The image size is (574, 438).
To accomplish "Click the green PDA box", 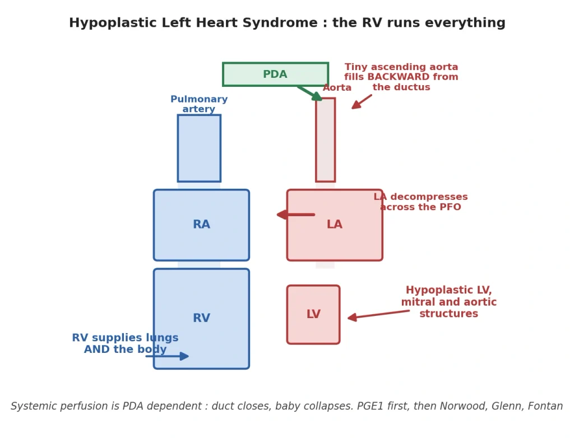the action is [x=275, y=74].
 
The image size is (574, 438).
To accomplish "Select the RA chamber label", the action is [x=201, y=224].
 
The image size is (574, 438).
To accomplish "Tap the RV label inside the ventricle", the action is [x=201, y=318].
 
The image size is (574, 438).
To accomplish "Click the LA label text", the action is [x=334, y=224].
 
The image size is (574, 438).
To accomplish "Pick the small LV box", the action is [x=313, y=315].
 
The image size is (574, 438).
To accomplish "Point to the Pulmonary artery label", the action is [x=199, y=104].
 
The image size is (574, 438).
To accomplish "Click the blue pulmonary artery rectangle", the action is [x=199, y=148].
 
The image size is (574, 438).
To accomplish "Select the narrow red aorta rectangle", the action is [x=326, y=140].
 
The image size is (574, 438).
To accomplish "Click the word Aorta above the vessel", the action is [x=337, y=87].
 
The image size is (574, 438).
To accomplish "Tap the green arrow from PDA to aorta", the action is [x=309, y=94].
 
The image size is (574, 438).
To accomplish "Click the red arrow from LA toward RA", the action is [x=296, y=215].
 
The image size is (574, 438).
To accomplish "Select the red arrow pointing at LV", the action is [x=378, y=314].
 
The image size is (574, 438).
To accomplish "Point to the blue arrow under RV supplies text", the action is [x=167, y=356].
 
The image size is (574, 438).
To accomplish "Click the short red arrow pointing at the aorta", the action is [x=362, y=102].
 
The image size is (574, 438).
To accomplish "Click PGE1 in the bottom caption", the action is [x=369, y=406].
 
